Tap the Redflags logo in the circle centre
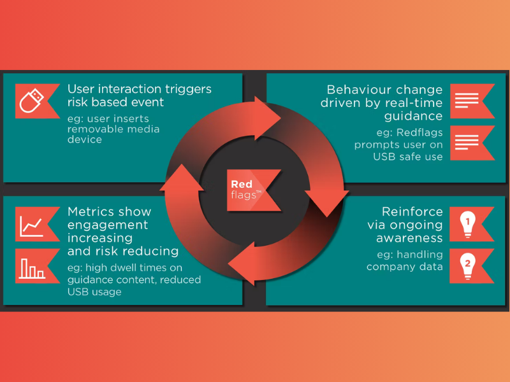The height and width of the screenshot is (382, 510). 253,190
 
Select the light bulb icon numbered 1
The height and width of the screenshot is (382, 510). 469,223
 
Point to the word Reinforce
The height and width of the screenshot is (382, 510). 412,211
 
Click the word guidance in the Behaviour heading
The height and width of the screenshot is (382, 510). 413,116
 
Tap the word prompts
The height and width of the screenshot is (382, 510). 375,145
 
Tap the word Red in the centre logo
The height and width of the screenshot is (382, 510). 242,185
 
